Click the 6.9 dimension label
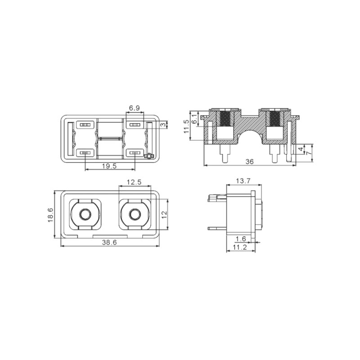pos(134,108)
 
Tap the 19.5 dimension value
pos(109,166)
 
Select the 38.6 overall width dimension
pos(109,242)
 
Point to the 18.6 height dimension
pos(50,215)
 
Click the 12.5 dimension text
pos(134,182)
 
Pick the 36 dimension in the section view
pos(250,162)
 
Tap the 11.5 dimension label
pos(186,126)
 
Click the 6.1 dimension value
pos(194,119)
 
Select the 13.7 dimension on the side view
pos(243,181)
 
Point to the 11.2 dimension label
pos(240,247)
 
